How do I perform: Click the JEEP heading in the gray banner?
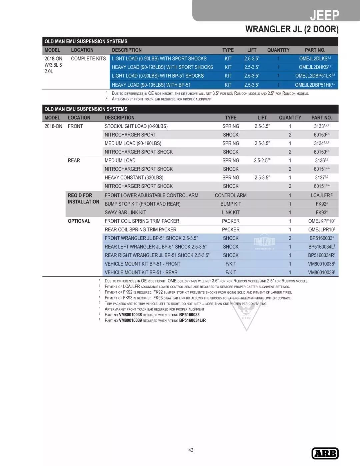(324, 15)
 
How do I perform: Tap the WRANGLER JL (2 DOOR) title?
(292, 29)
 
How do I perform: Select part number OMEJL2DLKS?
(313, 59)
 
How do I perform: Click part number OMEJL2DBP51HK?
(313, 85)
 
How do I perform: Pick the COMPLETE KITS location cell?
(88, 59)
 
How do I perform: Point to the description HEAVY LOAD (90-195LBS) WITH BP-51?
(151, 85)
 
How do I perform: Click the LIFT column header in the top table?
(252, 50)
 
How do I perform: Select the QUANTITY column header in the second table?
(290, 118)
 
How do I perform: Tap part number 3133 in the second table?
(319, 126)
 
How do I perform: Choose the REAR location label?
(74, 160)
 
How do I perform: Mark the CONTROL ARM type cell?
(231, 195)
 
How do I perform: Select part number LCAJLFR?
(320, 195)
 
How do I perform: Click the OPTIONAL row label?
(79, 221)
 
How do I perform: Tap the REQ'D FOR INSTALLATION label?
(83, 198)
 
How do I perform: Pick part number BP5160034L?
(320, 247)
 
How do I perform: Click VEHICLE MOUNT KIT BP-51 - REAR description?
(141, 273)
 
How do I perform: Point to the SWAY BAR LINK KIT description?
(125, 212)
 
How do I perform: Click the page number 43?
(191, 450)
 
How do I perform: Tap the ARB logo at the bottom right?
(325, 453)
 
